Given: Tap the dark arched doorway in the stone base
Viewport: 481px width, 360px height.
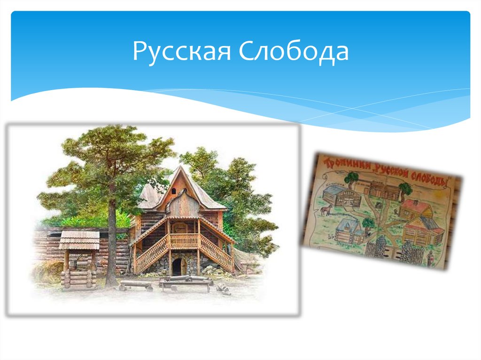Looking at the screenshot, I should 177,267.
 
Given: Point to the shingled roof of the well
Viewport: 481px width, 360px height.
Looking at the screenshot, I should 79,240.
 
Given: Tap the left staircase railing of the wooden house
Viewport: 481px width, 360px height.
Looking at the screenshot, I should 151,254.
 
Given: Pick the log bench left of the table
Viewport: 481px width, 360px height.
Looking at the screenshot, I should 136,284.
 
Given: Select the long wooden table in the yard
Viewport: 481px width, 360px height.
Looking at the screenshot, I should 186,282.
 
